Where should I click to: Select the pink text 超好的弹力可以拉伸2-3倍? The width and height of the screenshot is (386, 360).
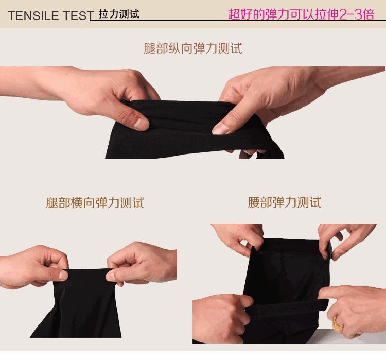[301, 14]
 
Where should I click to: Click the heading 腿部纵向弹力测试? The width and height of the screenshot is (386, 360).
[193, 48]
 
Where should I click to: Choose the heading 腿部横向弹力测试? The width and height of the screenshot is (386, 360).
[95, 202]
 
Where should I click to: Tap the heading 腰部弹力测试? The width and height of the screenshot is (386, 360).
[285, 202]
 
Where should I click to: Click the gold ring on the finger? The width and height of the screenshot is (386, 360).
[338, 323]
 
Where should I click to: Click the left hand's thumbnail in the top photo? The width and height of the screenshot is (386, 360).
[141, 123]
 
